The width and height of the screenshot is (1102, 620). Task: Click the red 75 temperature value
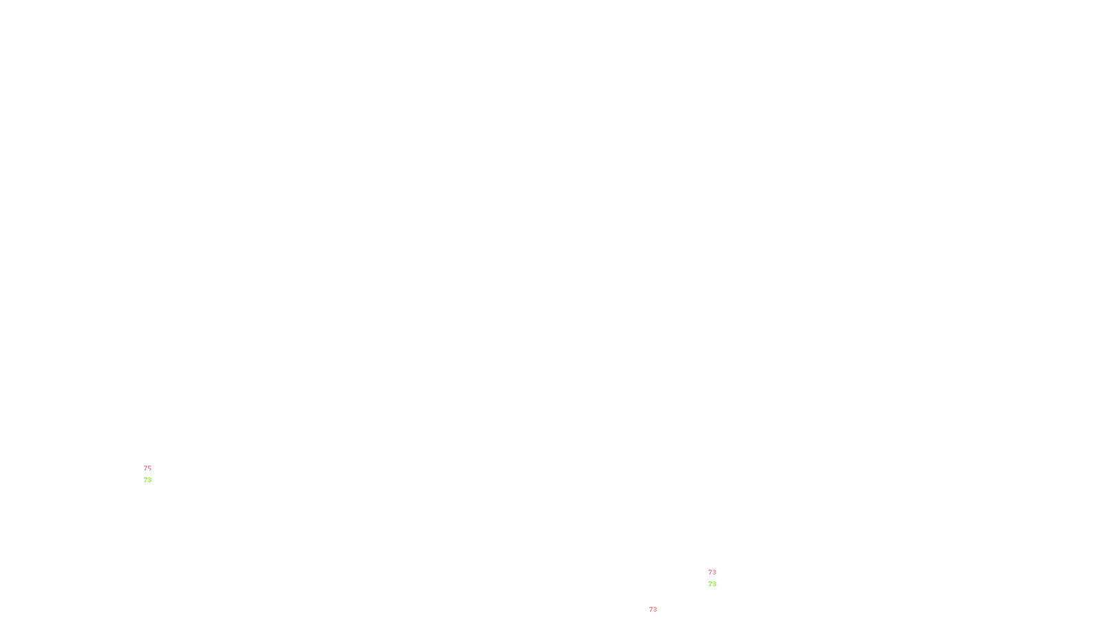147,468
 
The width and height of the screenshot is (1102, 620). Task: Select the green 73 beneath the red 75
147,480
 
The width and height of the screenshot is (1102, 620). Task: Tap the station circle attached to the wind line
154,474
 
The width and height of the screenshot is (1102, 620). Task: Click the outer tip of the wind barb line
140,463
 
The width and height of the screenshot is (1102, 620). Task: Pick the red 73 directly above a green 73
712,572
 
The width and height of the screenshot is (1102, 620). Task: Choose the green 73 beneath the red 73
712,584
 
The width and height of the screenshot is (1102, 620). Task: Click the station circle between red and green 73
719,578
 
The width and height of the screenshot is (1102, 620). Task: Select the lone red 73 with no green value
653,610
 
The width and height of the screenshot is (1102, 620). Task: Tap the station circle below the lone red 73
660,616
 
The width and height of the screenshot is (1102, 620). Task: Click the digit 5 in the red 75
149,468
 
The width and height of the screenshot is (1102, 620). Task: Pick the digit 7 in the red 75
145,468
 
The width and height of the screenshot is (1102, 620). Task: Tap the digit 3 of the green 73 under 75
149,480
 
